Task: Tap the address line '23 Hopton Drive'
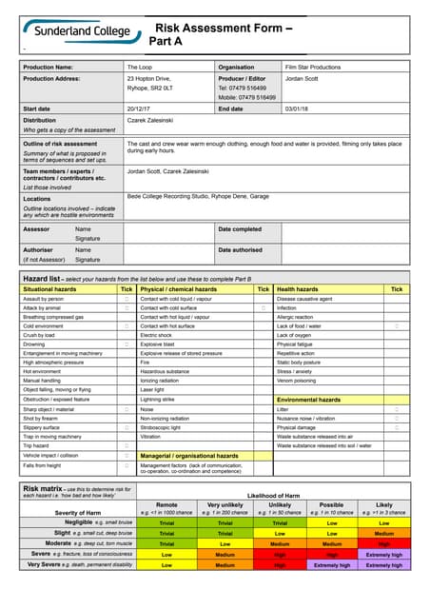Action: click(x=149, y=78)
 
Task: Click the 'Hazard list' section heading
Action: click(x=42, y=278)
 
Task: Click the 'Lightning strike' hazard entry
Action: click(x=158, y=399)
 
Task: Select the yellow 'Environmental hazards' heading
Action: click(x=307, y=401)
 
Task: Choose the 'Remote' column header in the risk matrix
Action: click(x=166, y=505)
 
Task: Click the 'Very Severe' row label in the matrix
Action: click(x=47, y=564)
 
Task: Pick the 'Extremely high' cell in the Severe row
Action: click(x=383, y=553)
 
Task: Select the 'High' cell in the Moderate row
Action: click(x=383, y=542)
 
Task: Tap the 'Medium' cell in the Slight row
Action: click(x=383, y=532)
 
